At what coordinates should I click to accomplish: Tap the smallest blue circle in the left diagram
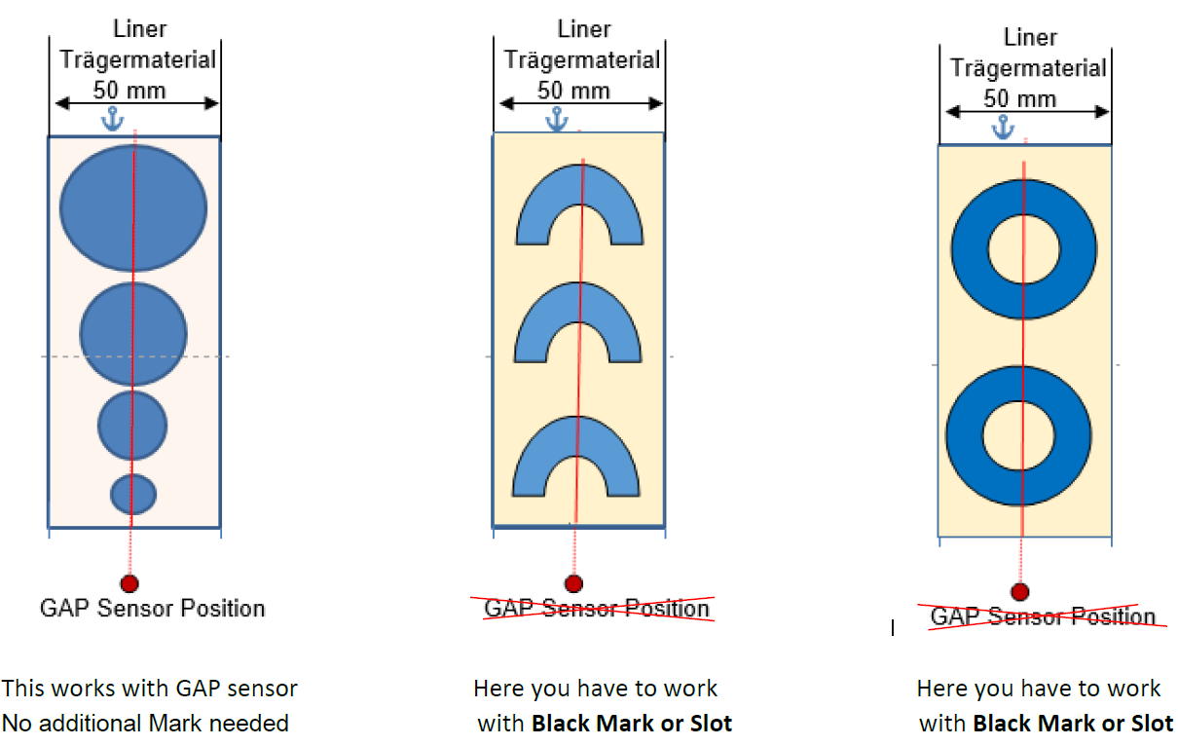133,494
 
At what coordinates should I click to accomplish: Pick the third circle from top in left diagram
132,426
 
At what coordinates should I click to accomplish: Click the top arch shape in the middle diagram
578,189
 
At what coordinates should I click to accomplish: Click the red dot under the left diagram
129,583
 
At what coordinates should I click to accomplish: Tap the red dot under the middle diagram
573,583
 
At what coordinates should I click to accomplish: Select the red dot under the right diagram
1019,592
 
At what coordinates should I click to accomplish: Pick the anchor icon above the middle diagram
557,120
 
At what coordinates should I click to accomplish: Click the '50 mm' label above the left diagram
129,91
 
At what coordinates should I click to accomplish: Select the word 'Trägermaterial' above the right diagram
1029,68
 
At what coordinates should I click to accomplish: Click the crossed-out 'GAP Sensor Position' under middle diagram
598,609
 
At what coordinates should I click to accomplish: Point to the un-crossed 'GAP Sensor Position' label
153,609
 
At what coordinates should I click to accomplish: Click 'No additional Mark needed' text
145,723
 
